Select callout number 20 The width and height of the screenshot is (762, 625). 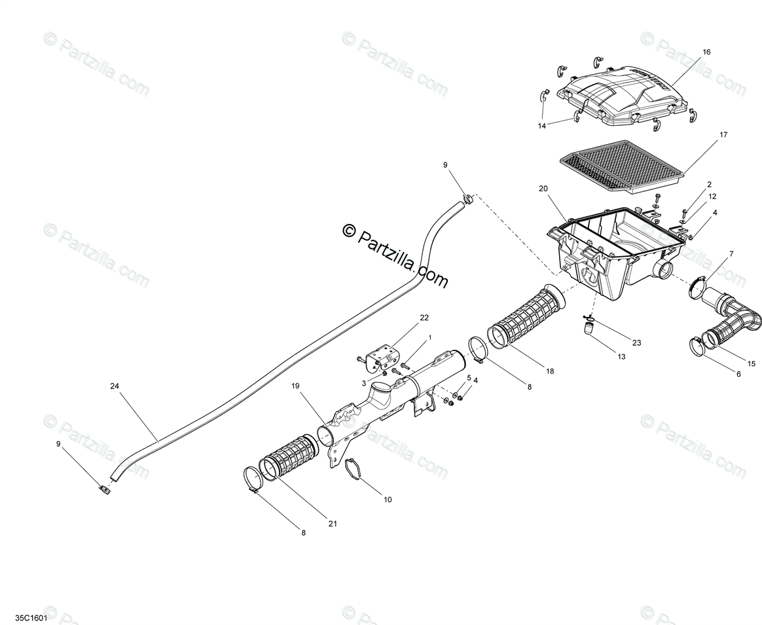[x=543, y=189]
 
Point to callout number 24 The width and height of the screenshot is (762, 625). [x=116, y=386]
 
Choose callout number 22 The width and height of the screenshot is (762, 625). [x=424, y=318]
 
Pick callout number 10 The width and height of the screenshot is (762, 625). [x=388, y=499]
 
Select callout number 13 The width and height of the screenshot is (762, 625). [x=621, y=356]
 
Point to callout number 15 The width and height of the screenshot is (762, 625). [x=751, y=363]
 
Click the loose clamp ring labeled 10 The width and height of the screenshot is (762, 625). [x=355, y=469]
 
